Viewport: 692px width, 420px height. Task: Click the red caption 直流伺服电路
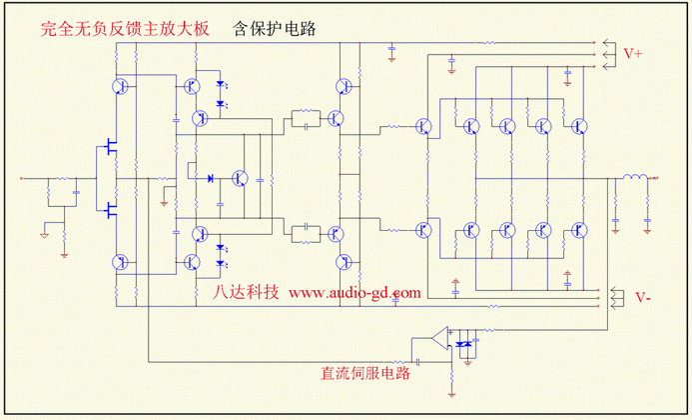coord(365,374)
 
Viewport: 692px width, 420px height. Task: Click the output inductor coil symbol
coord(633,180)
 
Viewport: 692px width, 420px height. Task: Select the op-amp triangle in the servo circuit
coord(436,338)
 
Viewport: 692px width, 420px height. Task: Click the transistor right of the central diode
coord(240,179)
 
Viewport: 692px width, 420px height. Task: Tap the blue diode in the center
coord(210,179)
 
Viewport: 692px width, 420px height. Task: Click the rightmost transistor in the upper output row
coord(578,126)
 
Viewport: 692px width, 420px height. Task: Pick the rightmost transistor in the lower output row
coord(578,229)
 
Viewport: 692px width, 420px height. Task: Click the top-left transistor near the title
coord(120,86)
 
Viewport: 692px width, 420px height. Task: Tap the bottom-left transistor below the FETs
coord(120,262)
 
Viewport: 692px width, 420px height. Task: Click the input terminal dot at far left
coord(22,180)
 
